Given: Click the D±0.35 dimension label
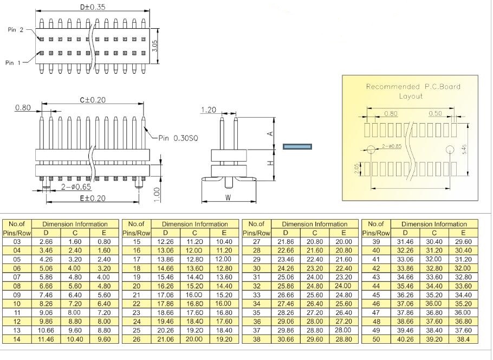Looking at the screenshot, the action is (x=93, y=7).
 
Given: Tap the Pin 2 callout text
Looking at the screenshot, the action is (x=15, y=30).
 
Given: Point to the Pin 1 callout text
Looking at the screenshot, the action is (x=13, y=63).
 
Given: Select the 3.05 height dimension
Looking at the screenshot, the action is (x=154, y=46).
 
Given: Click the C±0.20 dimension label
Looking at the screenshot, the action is (x=93, y=100).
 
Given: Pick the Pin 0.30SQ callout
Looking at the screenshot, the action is (x=178, y=138).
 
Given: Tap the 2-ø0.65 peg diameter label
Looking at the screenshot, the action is (x=76, y=187).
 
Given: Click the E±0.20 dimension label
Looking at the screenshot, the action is (x=93, y=198).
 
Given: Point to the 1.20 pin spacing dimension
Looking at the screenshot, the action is (x=209, y=110).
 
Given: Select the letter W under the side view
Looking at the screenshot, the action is (x=228, y=198).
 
